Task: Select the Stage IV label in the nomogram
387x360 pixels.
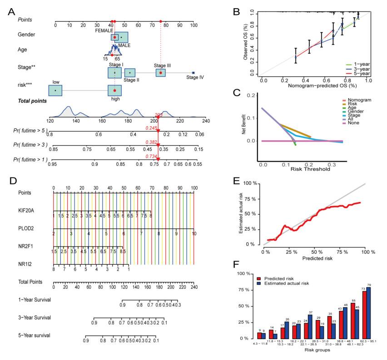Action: tap(195, 77)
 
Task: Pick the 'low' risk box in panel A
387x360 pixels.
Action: tap(55, 90)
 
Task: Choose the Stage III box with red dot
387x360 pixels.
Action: tap(160, 73)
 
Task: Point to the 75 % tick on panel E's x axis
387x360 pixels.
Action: tap(339, 251)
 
